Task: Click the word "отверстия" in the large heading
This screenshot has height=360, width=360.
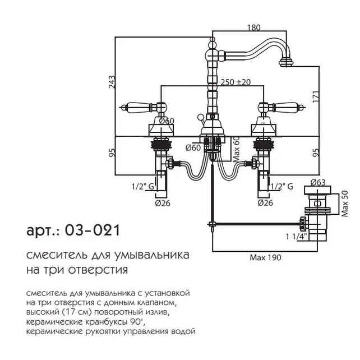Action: click(x=101, y=270)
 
